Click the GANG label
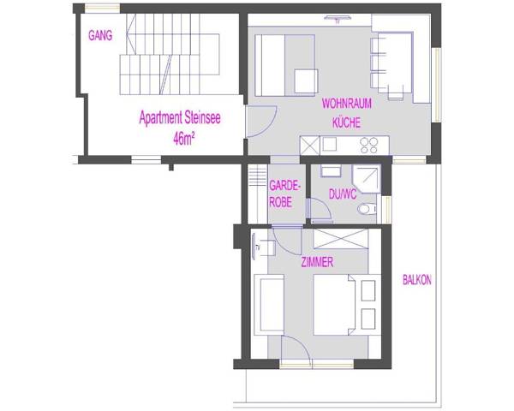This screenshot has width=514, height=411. (101, 36)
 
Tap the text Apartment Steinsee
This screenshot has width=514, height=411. (180, 120)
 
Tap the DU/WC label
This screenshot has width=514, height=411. (343, 195)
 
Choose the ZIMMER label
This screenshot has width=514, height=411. (316, 262)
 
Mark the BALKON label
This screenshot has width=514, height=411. (417, 279)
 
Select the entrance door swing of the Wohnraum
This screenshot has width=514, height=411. (262, 122)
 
